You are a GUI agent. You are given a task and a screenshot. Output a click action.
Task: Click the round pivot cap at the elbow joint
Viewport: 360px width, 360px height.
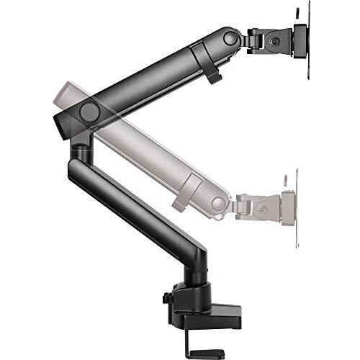(x=90, y=112)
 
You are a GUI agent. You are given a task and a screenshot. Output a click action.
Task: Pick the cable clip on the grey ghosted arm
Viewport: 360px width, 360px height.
(x=189, y=190)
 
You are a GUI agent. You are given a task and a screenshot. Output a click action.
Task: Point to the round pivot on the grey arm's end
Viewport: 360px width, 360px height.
(x=218, y=204)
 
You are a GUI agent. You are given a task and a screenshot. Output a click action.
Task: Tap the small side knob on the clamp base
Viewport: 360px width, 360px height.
(x=166, y=297)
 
